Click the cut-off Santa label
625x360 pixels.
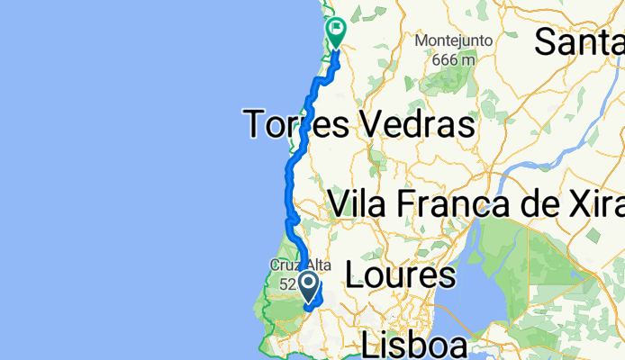click(580, 40)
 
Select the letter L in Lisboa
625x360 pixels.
click(370, 345)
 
